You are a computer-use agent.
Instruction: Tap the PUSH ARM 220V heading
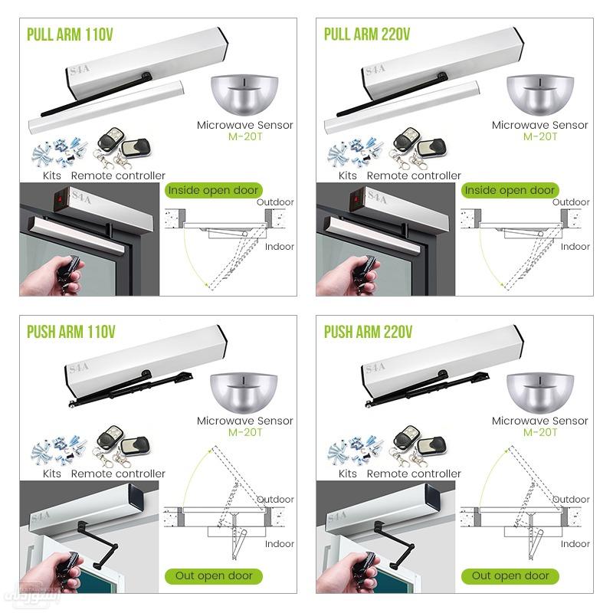pos(368,332)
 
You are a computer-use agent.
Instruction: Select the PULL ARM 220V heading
pos(367,35)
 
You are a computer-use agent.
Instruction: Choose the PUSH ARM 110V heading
pos(70,332)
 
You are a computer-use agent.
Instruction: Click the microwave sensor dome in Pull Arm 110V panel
pos(244,94)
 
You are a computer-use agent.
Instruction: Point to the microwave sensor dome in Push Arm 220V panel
pos(539,391)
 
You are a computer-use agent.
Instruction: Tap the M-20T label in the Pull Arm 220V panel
pos(539,136)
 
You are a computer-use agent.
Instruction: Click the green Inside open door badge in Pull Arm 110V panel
pos(213,190)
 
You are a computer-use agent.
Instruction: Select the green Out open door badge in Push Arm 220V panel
pos(510,575)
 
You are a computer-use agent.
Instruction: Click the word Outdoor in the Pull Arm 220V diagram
pos(571,202)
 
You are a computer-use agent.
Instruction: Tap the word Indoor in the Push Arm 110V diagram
pos(280,543)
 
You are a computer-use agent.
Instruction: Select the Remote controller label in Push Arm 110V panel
pos(118,474)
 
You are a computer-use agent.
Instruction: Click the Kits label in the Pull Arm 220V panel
pos(347,175)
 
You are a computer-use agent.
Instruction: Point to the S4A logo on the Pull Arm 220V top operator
pos(375,70)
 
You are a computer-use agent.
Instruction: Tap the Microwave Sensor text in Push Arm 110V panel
pos(244,421)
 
